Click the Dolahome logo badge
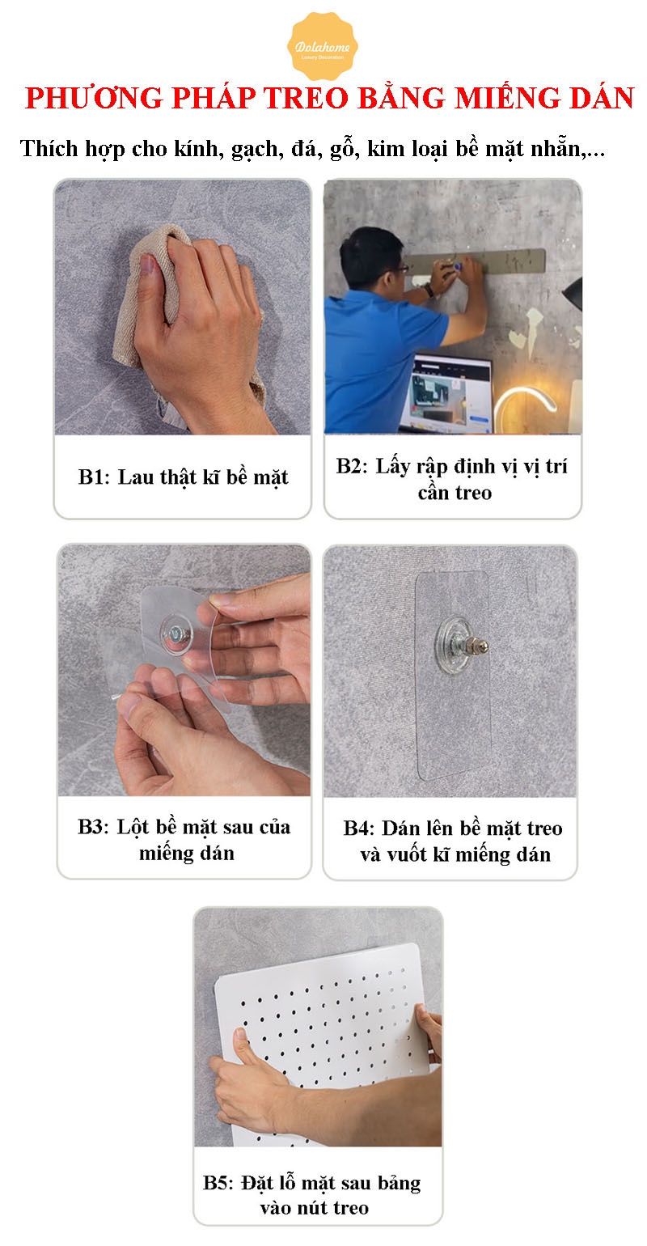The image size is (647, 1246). point(323,47)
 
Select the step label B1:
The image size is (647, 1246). point(94,477)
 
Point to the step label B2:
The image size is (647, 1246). point(352,465)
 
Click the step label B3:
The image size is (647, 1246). point(93,827)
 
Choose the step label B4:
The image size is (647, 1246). point(360,829)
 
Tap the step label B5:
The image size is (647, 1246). point(219,1182)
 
